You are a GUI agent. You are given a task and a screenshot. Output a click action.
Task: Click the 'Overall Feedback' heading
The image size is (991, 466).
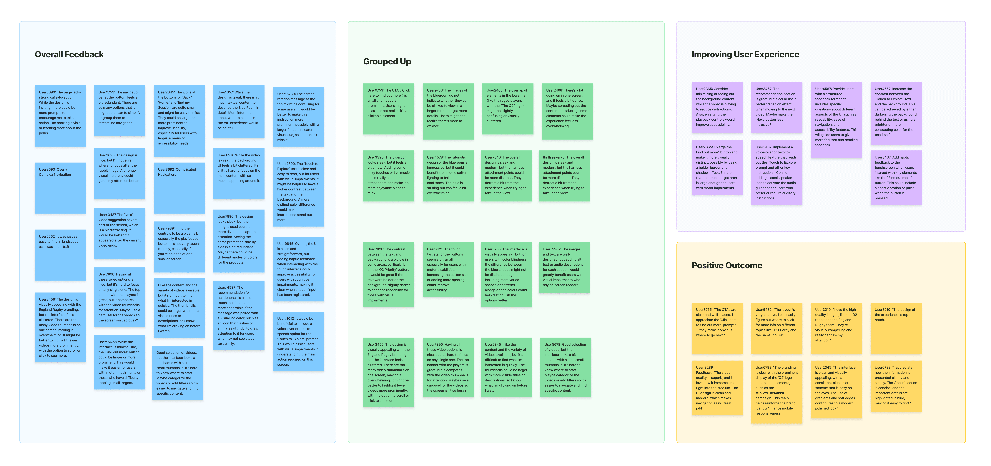coord(69,55)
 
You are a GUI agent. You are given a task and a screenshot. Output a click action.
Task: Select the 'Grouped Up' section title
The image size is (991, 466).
coord(387,61)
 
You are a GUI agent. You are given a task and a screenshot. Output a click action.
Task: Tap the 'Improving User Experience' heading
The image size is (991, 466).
coord(745,55)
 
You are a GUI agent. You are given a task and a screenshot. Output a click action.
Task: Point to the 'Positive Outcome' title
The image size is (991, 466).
coord(727,265)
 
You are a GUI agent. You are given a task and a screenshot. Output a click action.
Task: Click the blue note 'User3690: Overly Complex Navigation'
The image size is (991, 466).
coord(60,188)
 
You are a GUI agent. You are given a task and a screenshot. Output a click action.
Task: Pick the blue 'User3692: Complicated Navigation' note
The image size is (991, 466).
coord(179,188)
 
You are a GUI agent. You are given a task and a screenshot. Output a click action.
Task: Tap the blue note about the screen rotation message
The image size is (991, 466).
coord(298,117)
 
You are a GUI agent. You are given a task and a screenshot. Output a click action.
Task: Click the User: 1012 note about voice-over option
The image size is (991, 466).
coord(298,341)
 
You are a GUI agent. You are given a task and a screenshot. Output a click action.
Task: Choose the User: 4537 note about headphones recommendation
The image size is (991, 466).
coord(239,315)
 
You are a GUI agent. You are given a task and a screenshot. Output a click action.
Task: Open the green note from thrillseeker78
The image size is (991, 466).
coord(564,176)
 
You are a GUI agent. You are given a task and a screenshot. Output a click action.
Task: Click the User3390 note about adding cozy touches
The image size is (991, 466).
coord(389,176)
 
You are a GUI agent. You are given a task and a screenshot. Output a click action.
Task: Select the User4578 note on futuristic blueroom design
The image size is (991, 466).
coord(448,176)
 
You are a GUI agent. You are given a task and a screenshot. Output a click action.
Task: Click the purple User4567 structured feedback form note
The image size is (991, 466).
coord(836,120)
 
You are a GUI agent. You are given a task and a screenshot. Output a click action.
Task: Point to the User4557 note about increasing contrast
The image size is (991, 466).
coord(896,113)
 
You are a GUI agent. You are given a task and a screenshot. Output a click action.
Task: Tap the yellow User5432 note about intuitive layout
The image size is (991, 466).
coord(776,328)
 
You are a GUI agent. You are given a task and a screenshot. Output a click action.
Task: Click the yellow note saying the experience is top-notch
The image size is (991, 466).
coord(896,328)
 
